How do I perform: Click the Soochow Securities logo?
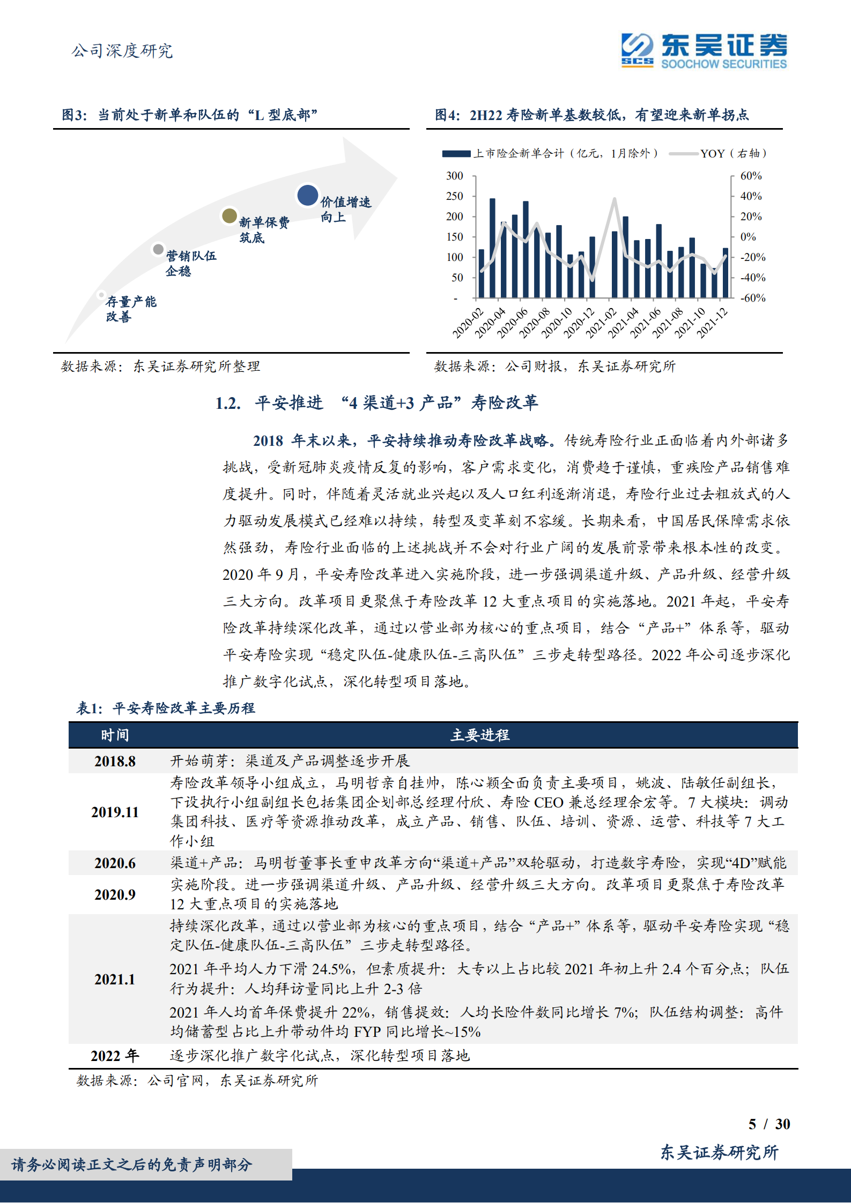pos(704,51)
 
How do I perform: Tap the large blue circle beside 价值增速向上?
pos(308,196)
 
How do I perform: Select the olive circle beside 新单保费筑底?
pos(230,216)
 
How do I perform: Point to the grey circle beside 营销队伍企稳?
pos(158,249)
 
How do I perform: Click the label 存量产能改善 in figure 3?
pos(131,309)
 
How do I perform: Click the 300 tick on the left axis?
pos(454,176)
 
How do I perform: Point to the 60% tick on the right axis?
pos(751,176)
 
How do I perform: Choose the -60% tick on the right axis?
pos(752,298)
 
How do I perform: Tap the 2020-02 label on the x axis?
pos(468,323)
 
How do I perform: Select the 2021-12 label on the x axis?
pos(712,323)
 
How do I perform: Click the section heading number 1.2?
pos(228,403)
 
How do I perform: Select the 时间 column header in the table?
pos(115,735)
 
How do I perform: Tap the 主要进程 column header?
pos(480,735)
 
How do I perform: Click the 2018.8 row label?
pos(115,761)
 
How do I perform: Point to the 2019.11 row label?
pos(115,812)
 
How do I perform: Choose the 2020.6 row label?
pos(115,863)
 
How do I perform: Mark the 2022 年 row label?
pos(115,1056)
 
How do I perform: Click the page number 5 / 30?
pos(769,1124)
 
